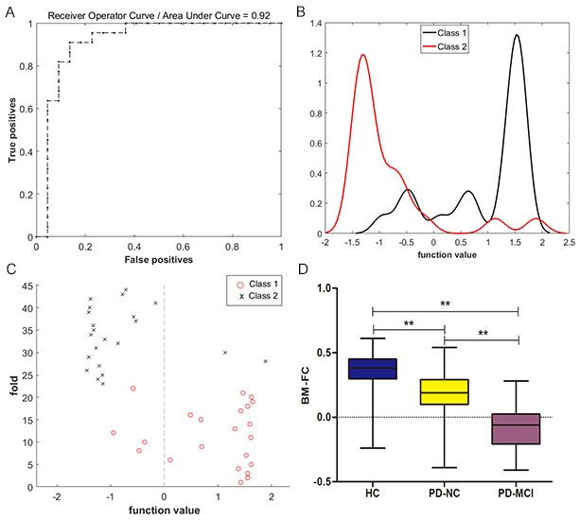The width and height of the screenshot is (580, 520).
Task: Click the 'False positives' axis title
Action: tap(160, 257)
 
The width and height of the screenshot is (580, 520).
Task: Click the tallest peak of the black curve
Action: tap(517, 36)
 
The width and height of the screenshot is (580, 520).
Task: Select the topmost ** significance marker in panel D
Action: tap(445, 304)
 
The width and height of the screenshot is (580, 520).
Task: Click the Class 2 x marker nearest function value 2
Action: tap(265, 361)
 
